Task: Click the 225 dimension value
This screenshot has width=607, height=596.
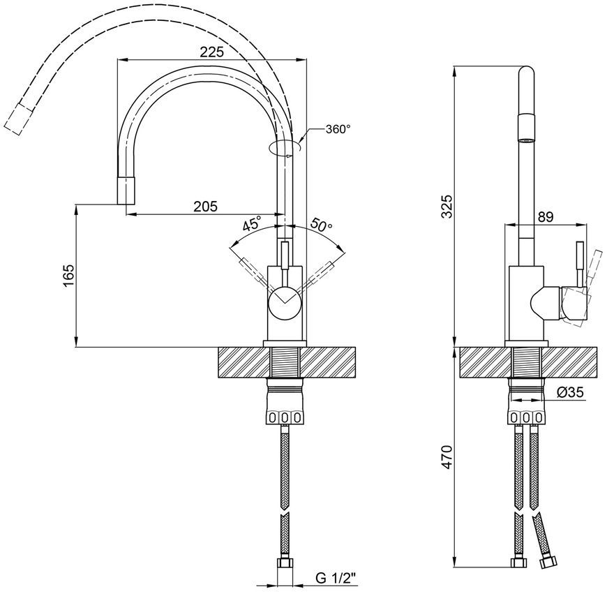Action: [212, 52]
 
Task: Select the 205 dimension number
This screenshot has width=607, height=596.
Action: [206, 207]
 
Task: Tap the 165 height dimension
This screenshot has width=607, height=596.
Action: [68, 276]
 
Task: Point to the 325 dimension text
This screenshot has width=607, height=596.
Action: [447, 207]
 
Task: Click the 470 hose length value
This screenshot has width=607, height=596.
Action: [447, 457]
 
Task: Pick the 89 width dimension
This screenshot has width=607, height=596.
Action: [546, 217]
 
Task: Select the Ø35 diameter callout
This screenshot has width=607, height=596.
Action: [570, 393]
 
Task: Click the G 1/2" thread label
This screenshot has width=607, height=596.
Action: [335, 579]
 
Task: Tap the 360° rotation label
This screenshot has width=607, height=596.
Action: [338, 129]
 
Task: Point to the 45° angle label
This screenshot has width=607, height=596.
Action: [253, 224]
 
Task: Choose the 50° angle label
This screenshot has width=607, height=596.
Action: [322, 224]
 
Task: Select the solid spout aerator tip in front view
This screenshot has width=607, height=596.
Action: [126, 190]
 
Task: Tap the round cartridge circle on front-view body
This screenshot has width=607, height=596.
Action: [285, 302]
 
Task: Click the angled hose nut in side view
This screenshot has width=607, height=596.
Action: [548, 562]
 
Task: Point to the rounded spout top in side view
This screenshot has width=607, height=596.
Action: [525, 73]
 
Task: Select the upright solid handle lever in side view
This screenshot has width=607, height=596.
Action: [580, 264]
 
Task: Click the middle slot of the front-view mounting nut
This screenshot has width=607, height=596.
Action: [285, 417]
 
